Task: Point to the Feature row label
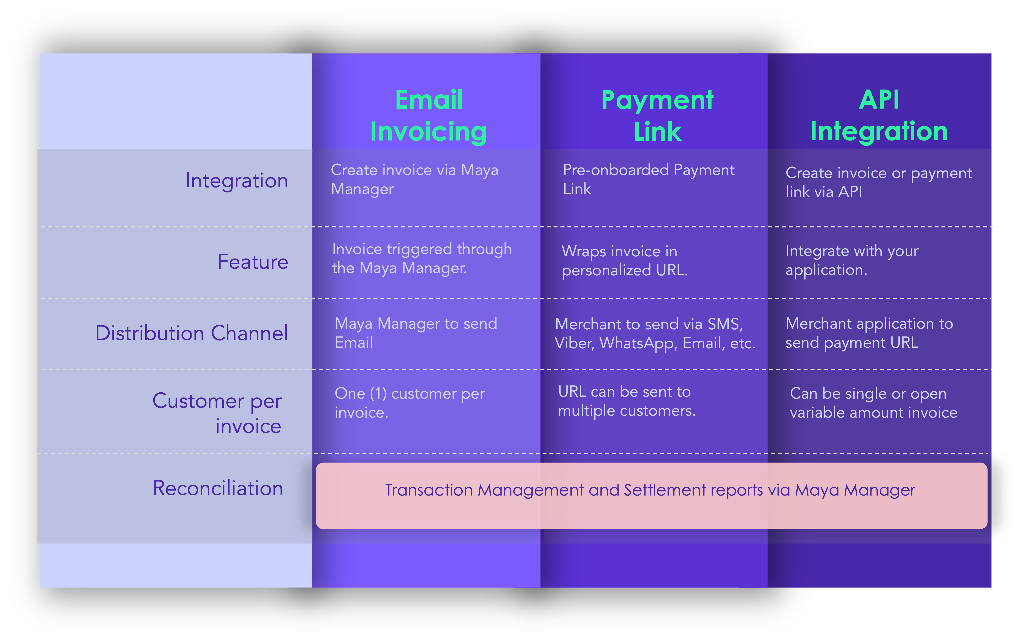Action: point(253,262)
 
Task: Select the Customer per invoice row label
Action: point(217,413)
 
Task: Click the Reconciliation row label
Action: point(218,488)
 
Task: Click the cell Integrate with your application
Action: point(852,260)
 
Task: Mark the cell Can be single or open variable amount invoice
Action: point(873,403)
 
